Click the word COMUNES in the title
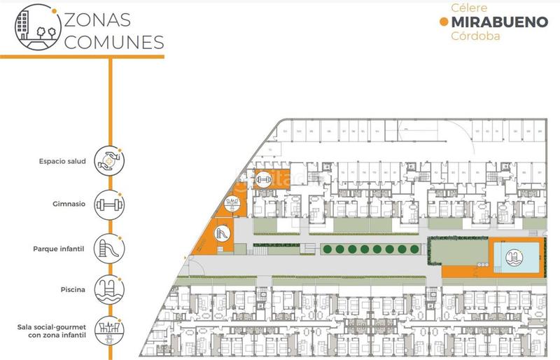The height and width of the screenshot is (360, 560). click(113, 41)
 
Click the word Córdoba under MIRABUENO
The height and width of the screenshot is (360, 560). click(476, 36)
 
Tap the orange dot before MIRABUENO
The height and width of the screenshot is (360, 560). click(443, 22)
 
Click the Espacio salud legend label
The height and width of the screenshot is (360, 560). click(62, 162)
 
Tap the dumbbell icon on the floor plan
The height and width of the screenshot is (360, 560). click(264, 179)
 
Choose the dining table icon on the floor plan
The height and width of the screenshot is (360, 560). click(232, 205)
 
